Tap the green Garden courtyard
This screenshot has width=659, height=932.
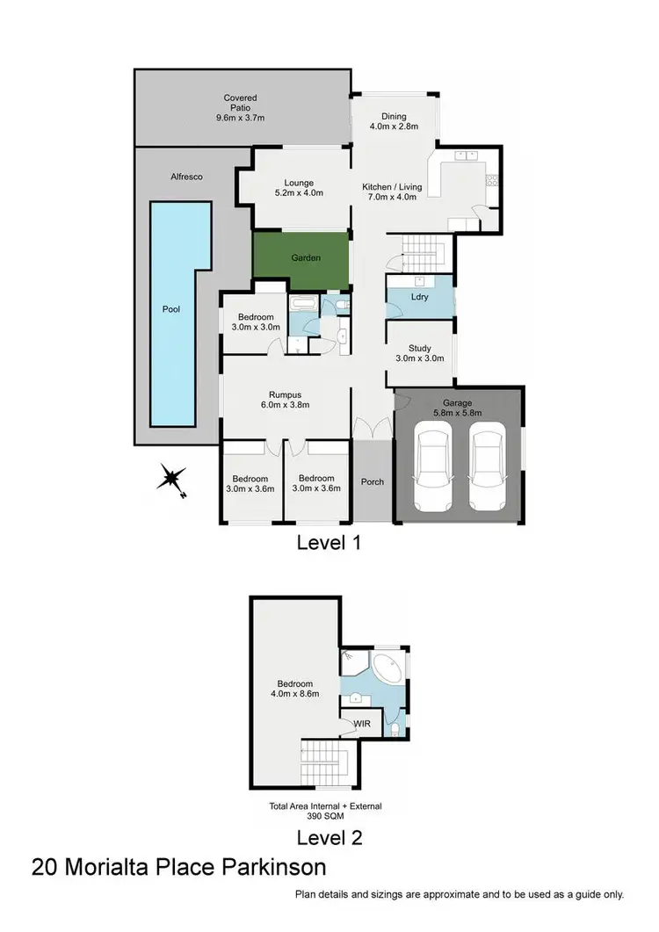pyautogui.click(x=301, y=259)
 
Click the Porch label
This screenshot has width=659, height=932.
pyautogui.click(x=373, y=481)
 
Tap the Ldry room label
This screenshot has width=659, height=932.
pyautogui.click(x=419, y=298)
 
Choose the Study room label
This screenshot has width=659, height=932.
pyautogui.click(x=419, y=348)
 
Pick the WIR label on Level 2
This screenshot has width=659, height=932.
pyautogui.click(x=363, y=724)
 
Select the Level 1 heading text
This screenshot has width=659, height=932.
pyautogui.click(x=329, y=543)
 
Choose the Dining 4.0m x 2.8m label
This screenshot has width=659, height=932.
pyautogui.click(x=393, y=126)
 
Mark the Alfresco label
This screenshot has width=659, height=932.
pyautogui.click(x=187, y=177)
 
